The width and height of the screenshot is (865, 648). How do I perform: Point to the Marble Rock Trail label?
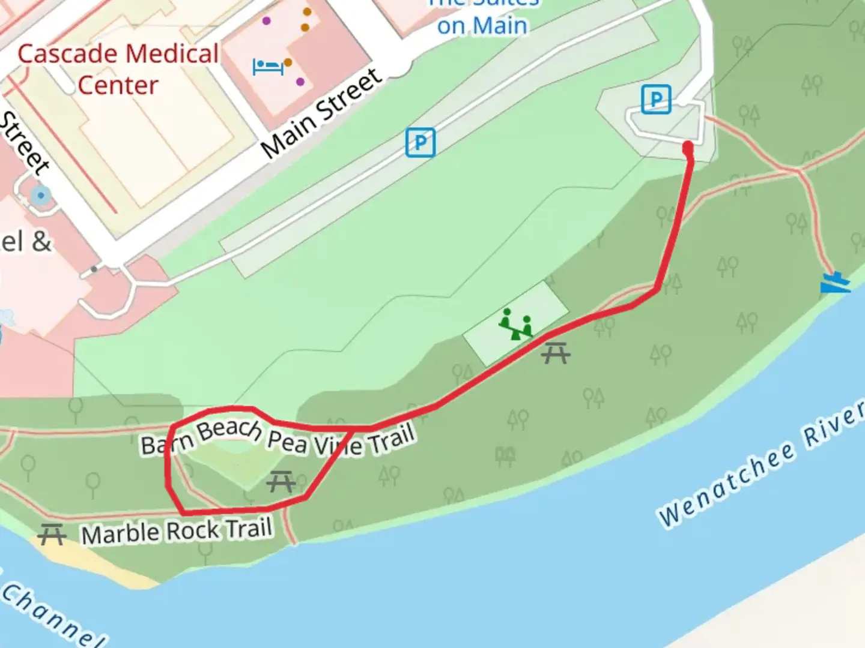177,532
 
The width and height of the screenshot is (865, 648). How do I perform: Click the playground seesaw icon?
516,324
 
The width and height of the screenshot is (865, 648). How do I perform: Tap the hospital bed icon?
268,67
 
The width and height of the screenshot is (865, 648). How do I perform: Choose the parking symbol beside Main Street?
420,143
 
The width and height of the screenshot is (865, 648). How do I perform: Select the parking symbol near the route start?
655,100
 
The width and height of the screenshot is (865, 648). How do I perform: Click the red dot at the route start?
688,147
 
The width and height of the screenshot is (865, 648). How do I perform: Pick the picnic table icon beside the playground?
555,353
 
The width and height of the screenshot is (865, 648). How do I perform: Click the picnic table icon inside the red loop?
281,481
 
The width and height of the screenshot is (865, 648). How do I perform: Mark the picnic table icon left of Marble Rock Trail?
52,533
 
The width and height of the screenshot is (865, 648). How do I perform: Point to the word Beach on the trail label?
229,430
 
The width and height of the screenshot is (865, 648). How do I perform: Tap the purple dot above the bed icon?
266,21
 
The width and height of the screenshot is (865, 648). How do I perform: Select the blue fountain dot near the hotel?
41,195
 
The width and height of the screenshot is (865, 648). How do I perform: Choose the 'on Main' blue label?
482,26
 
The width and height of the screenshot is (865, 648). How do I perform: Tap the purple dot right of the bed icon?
300,82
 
